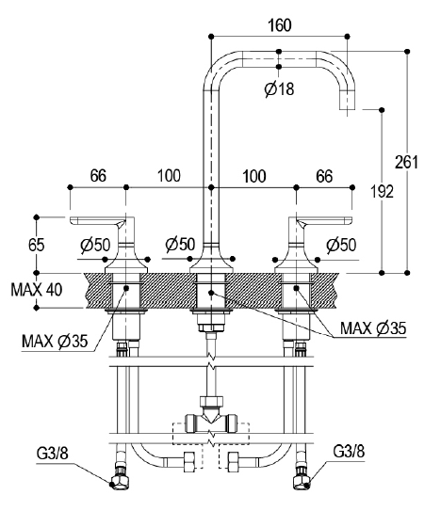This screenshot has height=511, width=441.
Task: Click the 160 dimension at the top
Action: point(279,25)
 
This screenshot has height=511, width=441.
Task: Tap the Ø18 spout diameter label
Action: point(279,88)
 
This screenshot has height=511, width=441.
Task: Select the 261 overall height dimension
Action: point(406,162)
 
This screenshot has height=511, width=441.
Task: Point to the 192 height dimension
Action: point(382,191)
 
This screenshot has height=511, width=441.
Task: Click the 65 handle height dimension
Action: point(36,245)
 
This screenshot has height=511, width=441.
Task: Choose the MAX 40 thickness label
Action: point(36,290)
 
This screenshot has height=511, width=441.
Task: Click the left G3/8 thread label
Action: point(53,453)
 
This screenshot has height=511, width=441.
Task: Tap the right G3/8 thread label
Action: point(349,452)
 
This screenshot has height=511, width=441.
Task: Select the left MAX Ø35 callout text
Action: point(55,342)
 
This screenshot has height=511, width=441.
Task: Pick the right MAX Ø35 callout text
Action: point(373,327)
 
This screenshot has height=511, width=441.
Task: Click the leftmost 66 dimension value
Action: point(98,176)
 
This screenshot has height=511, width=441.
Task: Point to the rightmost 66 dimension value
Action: point(324,176)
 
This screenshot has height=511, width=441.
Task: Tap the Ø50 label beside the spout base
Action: point(180,245)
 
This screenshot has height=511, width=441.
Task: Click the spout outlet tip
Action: point(348,109)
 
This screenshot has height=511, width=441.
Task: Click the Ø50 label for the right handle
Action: point(341,245)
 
